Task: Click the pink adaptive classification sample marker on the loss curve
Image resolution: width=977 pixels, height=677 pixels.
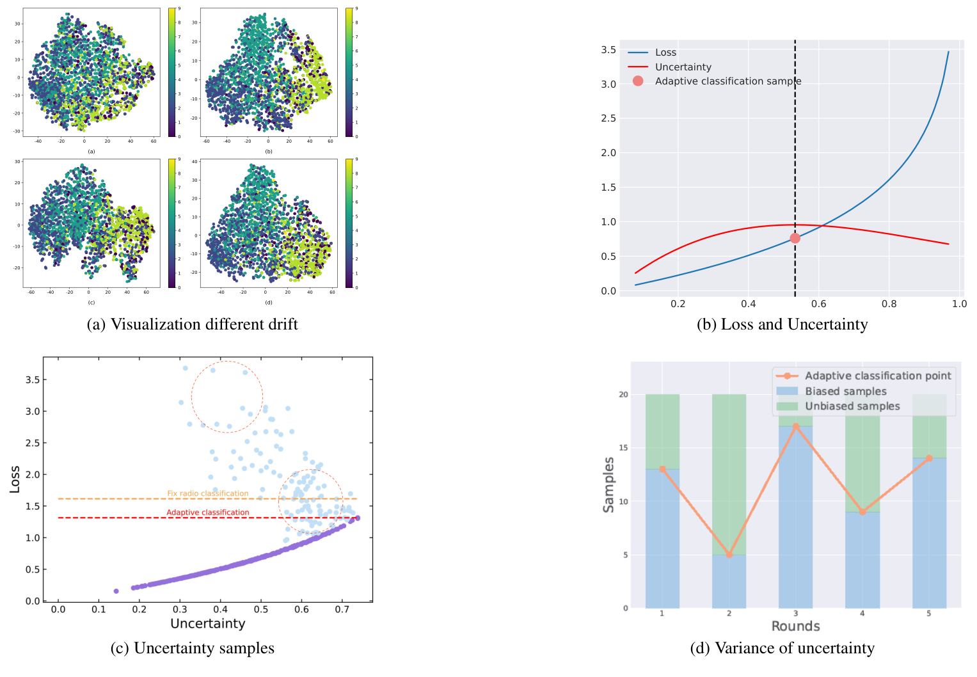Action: [795, 238]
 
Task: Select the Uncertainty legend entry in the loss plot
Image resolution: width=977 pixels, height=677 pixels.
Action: [683, 67]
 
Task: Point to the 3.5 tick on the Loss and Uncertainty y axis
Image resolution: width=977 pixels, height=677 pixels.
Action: [608, 50]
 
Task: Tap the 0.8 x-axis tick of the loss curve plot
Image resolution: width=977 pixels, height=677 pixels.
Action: [889, 304]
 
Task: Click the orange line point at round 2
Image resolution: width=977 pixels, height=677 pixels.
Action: [729, 555]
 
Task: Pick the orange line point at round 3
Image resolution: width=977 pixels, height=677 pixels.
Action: [795, 426]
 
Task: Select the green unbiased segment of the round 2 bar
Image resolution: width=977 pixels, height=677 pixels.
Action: [729, 474]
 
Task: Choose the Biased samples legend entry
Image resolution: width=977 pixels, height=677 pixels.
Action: [845, 391]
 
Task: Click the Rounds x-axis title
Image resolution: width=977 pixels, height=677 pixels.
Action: [795, 626]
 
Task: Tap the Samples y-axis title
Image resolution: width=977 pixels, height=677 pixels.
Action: [608, 484]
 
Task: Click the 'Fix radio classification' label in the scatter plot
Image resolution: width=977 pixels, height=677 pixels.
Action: [207, 493]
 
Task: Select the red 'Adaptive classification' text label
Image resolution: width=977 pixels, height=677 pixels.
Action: [208, 513]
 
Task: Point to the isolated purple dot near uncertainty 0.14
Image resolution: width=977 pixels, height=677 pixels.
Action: [116, 591]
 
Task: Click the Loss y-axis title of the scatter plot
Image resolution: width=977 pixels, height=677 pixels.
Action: [15, 479]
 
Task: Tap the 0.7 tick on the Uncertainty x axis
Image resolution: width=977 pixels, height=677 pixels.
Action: [342, 609]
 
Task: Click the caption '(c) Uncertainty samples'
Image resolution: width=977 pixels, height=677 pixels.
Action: [192, 648]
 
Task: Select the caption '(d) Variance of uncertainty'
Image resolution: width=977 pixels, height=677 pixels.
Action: [782, 648]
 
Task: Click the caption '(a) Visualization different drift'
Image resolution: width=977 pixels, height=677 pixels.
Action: [192, 324]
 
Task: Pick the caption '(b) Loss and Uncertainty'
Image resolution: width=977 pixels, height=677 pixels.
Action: [782, 324]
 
